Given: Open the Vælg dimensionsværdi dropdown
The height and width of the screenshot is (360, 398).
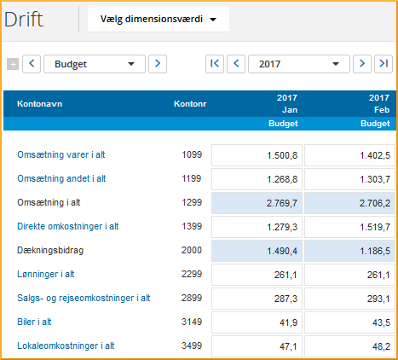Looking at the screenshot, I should pyautogui.click(x=159, y=19).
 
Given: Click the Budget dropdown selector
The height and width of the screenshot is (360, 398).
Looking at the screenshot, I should pyautogui.click(x=95, y=63).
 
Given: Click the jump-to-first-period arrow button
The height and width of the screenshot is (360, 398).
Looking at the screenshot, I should pyautogui.click(x=215, y=63).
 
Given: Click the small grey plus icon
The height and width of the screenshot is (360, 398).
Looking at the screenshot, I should pyautogui.click(x=12, y=63).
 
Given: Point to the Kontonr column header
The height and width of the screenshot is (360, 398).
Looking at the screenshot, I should pyautogui.click(x=189, y=104).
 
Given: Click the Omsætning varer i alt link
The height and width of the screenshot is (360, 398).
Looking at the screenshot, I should pyautogui.click(x=66, y=155).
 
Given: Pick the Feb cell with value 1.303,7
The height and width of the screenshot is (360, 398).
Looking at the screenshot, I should pyautogui.click(x=349, y=179).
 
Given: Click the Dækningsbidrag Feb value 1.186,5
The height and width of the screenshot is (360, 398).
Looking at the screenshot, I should pyautogui.click(x=349, y=251).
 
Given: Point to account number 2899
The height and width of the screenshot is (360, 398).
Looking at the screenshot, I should pyautogui.click(x=192, y=298).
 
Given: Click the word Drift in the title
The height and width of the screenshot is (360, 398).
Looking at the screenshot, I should pyautogui.click(x=24, y=20).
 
